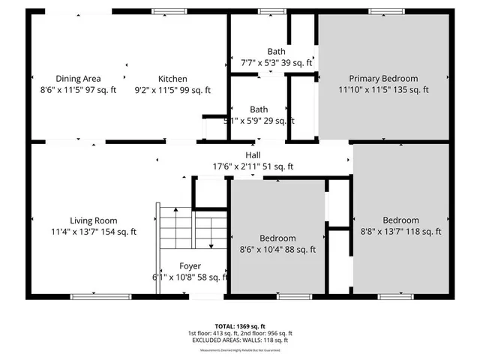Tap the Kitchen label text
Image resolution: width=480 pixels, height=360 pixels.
(x=172, y=79)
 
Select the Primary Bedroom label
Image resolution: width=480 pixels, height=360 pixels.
(x=383, y=79)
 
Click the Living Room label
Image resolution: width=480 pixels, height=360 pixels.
(x=94, y=220)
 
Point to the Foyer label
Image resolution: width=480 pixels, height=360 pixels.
(x=190, y=266)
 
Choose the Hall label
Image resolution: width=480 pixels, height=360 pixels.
(x=253, y=155)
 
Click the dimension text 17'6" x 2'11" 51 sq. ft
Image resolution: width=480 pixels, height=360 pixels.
(x=253, y=166)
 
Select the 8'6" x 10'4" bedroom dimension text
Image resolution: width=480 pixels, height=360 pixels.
(x=277, y=250)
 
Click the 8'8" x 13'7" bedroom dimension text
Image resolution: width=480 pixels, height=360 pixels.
(x=401, y=232)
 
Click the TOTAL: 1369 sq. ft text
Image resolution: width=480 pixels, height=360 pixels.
(x=240, y=326)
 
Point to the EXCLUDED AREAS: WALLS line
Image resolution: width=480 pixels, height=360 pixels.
(x=240, y=340)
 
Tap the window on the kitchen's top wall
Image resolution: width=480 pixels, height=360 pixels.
(x=165, y=12)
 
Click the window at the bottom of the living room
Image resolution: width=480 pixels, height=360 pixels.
(x=94, y=296)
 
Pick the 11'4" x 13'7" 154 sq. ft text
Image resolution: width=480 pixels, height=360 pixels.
(x=94, y=232)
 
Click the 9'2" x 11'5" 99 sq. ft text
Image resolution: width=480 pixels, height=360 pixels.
(x=172, y=90)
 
